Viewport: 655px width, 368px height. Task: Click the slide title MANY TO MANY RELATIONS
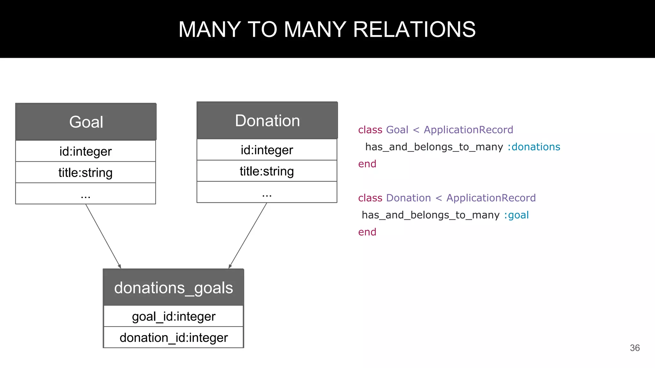(x=327, y=29)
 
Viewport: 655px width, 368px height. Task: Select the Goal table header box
(x=86, y=122)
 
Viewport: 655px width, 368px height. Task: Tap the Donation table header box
(x=267, y=120)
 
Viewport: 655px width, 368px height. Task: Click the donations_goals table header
(x=173, y=287)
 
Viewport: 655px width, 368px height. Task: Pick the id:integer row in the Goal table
(x=85, y=151)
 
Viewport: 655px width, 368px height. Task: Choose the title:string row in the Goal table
(x=85, y=172)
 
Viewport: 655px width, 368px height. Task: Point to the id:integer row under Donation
(x=267, y=150)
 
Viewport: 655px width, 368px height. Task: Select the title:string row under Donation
(x=267, y=171)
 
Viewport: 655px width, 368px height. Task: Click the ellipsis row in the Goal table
(x=85, y=194)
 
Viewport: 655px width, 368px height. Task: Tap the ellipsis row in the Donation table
(x=267, y=192)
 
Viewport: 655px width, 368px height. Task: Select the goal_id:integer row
(x=173, y=316)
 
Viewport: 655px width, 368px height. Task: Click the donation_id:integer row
(x=173, y=338)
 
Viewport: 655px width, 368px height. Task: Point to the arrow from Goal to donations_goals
(x=103, y=236)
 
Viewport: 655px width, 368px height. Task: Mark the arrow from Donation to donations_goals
(x=248, y=236)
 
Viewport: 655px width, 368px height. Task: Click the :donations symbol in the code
(x=534, y=147)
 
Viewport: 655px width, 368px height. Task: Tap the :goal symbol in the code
(x=516, y=215)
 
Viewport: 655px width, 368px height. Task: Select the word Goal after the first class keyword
(x=397, y=130)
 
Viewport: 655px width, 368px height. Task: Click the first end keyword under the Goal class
(x=367, y=164)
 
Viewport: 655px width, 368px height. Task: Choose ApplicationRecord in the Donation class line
(x=491, y=198)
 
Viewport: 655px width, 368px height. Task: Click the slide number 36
(x=635, y=348)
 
